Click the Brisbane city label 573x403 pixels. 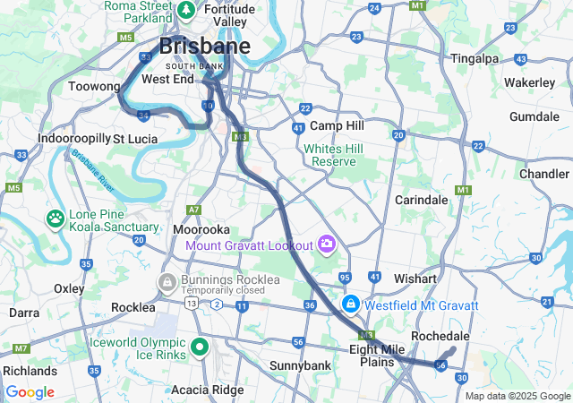204,47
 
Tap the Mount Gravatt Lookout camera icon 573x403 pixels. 327,244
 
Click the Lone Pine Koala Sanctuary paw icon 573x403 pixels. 56,218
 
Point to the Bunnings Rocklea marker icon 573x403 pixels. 167,282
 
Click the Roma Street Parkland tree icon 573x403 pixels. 186,11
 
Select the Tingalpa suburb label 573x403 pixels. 475,58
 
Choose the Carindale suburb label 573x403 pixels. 421,200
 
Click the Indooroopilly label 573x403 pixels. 73,139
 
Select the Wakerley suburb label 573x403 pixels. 530,82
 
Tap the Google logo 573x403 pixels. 30,392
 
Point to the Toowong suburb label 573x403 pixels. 94,87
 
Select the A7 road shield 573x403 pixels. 193,210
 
